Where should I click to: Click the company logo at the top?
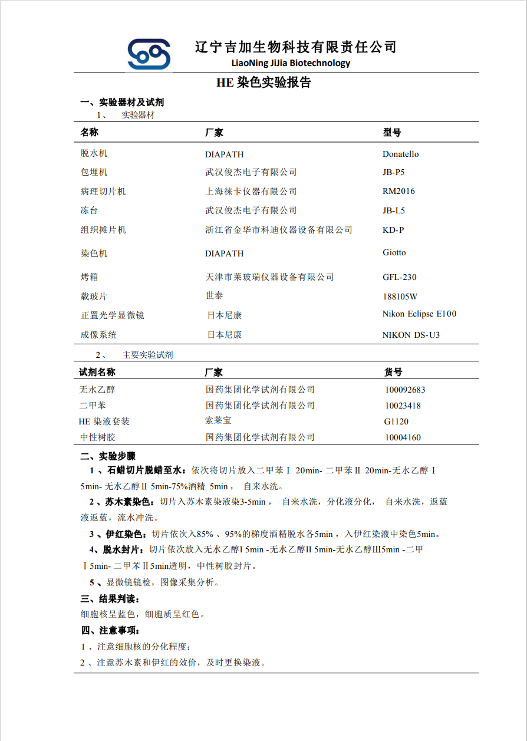[149, 54]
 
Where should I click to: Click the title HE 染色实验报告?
[263, 83]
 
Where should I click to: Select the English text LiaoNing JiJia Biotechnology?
[291, 63]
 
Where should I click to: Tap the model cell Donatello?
[401, 154]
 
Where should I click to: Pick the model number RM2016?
[398, 191]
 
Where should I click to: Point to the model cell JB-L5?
[394, 210]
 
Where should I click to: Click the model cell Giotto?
[394, 252]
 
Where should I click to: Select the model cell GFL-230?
[400, 277]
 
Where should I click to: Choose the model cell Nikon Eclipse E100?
[419, 314]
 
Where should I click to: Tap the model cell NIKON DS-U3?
[411, 335]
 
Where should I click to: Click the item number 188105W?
[400, 297]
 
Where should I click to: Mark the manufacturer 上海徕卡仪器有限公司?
[251, 192]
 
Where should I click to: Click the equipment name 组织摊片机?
[103, 230]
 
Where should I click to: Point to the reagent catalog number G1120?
[396, 421]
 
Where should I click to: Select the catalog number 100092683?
[405, 390]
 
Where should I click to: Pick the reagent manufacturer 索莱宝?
[218, 420]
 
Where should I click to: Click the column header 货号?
[393, 372]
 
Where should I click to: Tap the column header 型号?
[392, 133]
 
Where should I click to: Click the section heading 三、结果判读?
[110, 599]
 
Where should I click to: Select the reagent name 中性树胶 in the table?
[98, 437]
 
